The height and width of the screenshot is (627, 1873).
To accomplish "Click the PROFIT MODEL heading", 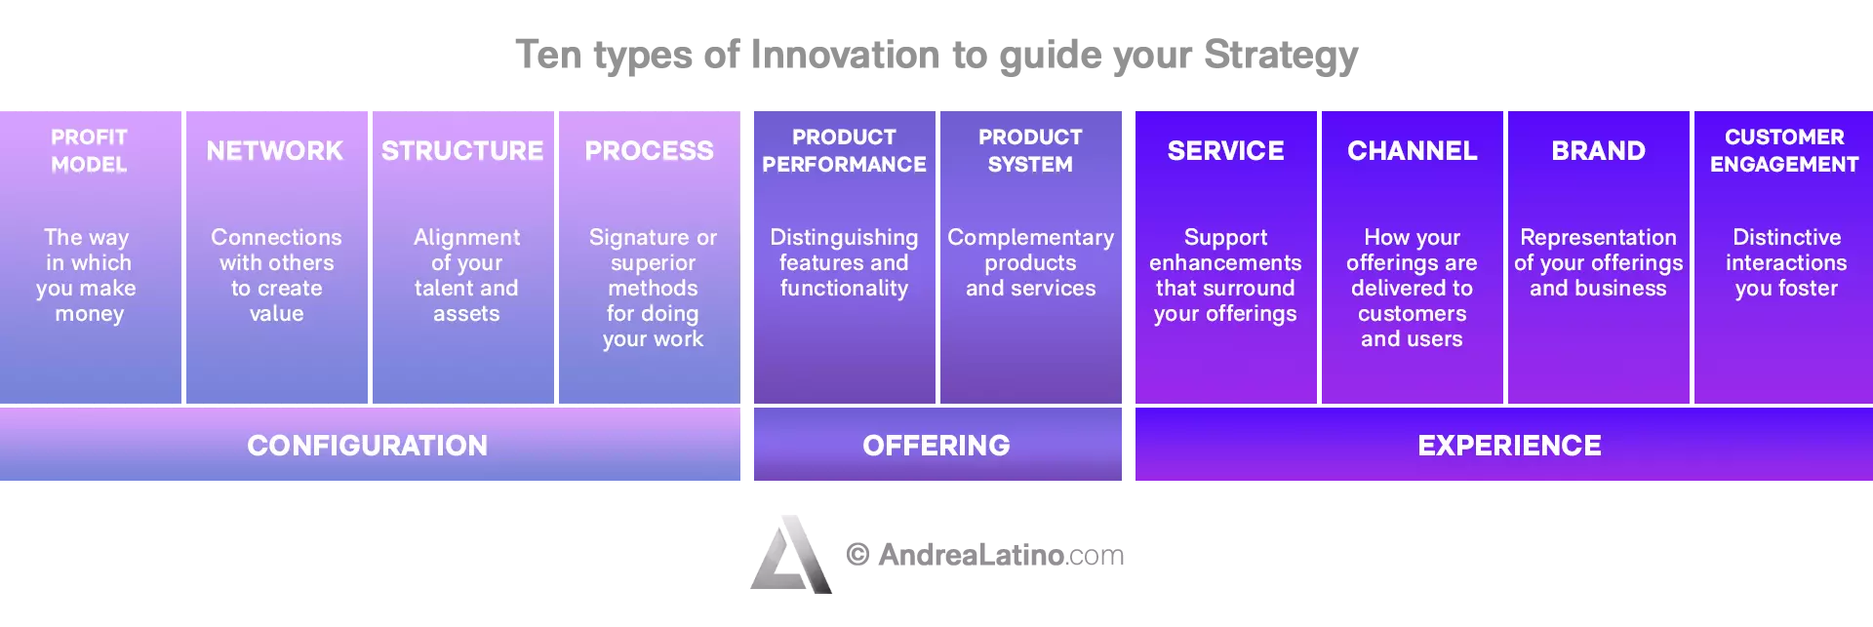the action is (x=89, y=150).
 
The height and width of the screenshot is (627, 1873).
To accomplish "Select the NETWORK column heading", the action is (x=275, y=151).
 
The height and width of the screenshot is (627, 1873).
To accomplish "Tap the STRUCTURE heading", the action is (x=462, y=151).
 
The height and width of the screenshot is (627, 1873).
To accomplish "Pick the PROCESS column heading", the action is (x=650, y=151).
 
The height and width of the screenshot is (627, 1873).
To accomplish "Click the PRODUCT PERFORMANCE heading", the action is (x=844, y=150).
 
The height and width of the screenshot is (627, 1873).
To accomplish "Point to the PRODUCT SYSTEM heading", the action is (x=1030, y=150).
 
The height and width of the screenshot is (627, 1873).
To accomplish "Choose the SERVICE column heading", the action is (x=1226, y=151).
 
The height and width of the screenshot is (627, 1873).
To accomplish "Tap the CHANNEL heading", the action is (x=1413, y=151).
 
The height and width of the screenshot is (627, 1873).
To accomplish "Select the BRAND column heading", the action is (x=1599, y=151).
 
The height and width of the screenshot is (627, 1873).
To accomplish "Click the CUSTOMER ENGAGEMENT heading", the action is (x=1784, y=150).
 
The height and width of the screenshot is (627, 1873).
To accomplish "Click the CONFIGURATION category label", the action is (x=368, y=446).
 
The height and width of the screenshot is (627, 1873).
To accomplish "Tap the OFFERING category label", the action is (x=936, y=446).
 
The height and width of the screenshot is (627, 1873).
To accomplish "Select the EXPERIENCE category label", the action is (x=1510, y=446).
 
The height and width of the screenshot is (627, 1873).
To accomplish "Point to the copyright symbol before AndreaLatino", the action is (x=857, y=555).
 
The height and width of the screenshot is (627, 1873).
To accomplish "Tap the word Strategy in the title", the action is (x=1281, y=57).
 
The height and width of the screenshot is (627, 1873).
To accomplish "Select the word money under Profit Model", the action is (x=90, y=315).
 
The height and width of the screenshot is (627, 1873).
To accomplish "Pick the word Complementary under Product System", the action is (x=1031, y=239).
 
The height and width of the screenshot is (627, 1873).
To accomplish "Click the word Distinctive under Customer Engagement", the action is (x=1787, y=237).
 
